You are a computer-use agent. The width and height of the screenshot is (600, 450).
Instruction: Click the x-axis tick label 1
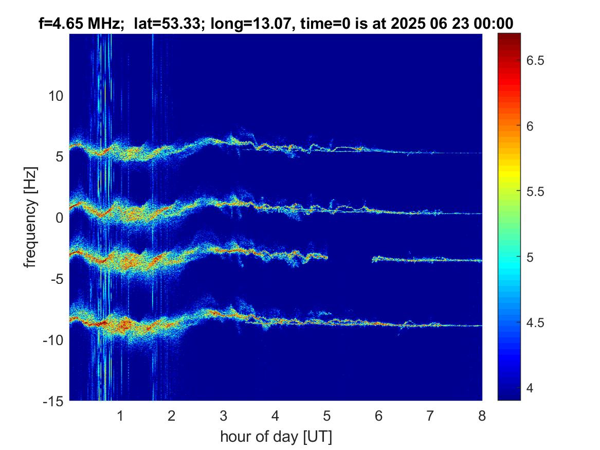click(x=120, y=416)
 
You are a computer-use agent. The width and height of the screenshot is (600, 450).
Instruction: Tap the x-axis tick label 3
click(x=224, y=416)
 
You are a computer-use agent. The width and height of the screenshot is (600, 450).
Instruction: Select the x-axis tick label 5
click(x=327, y=416)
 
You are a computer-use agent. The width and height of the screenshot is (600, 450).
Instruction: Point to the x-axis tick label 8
click(x=482, y=416)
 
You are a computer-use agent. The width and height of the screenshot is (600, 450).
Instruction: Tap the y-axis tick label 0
click(x=59, y=218)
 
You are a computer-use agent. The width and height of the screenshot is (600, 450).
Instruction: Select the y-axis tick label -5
click(x=57, y=279)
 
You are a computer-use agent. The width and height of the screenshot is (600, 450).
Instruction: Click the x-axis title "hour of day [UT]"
click(x=276, y=437)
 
